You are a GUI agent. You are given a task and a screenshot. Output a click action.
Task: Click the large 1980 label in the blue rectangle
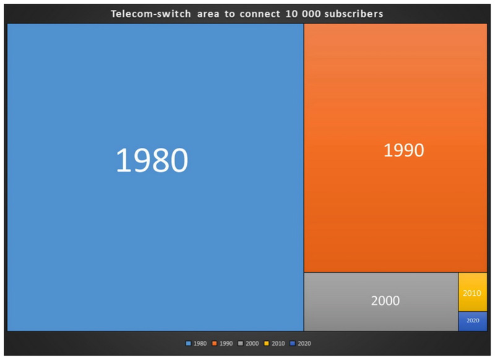(152, 160)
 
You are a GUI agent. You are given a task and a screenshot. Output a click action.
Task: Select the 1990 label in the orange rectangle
(403, 150)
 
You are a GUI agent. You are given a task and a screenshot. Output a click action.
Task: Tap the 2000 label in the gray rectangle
(385, 301)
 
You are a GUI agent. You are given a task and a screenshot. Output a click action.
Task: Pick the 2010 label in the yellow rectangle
(472, 293)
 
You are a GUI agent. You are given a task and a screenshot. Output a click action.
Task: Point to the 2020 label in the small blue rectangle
(473, 320)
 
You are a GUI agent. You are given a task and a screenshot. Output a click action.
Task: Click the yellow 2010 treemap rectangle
(473, 292)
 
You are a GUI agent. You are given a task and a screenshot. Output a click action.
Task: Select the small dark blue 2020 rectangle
(473, 321)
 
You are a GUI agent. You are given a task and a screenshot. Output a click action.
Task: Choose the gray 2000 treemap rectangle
(381, 302)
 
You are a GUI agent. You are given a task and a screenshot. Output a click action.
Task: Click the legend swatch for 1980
(189, 343)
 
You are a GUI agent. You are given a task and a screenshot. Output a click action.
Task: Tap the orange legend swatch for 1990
(214, 343)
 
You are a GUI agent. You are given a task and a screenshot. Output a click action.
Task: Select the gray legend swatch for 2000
(241, 343)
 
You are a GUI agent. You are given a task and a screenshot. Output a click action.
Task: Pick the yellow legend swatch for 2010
(267, 343)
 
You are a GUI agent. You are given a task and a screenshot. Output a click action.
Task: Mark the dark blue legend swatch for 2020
(293, 343)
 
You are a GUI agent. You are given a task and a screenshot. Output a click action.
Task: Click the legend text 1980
(200, 343)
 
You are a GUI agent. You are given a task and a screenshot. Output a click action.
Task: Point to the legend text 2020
(304, 343)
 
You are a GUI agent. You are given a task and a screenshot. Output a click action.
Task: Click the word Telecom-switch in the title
(151, 14)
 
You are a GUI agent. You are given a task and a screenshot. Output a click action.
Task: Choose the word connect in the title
(260, 14)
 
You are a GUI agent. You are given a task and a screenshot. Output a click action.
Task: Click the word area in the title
(208, 14)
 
